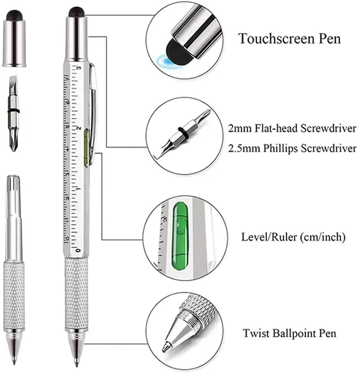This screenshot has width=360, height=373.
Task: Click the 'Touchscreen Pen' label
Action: click(290, 39)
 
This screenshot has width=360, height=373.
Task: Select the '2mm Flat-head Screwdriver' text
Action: click(292, 128)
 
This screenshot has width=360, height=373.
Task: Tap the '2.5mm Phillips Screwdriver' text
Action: click(292, 148)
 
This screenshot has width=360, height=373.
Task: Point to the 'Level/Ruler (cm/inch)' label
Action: click(293, 237)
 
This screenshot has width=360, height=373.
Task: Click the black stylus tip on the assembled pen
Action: click(77, 11)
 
